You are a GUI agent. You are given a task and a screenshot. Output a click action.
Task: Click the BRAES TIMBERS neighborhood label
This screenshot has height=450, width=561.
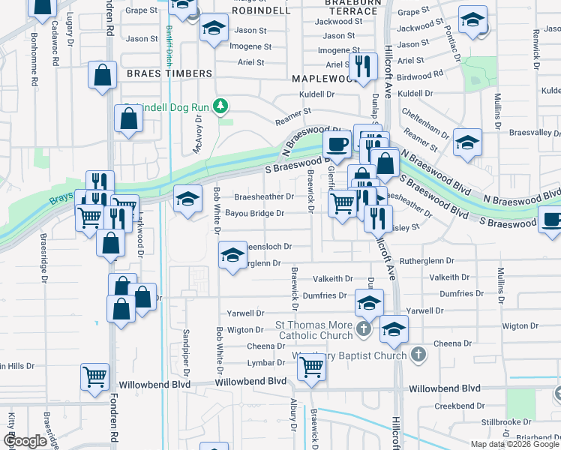click(169, 73)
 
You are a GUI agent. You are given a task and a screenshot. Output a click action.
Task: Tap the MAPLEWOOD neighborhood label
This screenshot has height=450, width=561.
click(324, 78)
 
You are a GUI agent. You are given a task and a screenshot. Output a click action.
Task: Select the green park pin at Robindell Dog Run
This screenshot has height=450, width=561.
click(220, 106)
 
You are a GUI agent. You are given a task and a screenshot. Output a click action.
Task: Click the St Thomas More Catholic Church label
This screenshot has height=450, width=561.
click(313, 330)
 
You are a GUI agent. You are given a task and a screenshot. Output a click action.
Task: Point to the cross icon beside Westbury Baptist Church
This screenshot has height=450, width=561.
click(418, 354)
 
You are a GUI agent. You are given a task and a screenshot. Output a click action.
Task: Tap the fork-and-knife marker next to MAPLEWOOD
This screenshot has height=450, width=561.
click(362, 66)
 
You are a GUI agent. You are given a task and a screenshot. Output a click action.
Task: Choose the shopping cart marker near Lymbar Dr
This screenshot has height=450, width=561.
click(311, 368)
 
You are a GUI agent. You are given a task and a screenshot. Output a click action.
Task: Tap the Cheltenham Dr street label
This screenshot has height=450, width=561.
click(425, 120)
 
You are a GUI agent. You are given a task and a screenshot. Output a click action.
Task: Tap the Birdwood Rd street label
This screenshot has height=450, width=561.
click(420, 76)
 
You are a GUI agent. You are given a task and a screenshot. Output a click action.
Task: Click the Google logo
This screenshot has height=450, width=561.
click(25, 441)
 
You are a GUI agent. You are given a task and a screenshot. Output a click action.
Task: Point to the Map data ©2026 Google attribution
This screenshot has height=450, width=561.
click(514, 444)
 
